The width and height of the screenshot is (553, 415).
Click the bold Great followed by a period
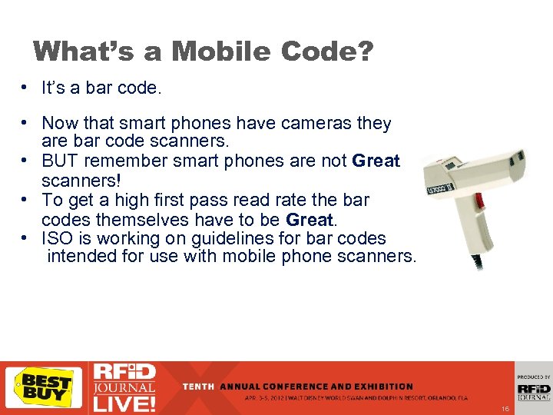308,219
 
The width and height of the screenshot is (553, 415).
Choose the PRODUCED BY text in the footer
534,377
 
